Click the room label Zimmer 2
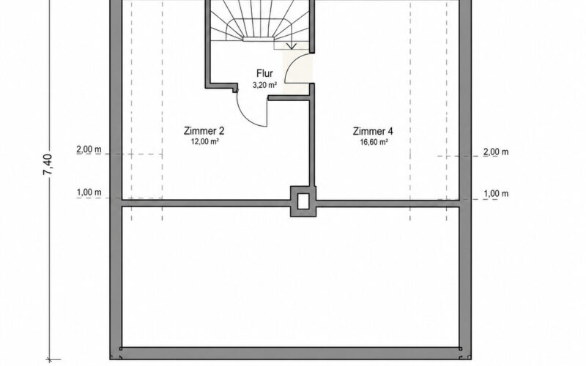(204, 131)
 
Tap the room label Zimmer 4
(373, 132)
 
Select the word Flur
(264, 73)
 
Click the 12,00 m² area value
(205, 141)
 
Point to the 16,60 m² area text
(374, 142)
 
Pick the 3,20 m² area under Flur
(265, 85)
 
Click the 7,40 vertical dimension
(48, 165)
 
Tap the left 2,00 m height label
(89, 150)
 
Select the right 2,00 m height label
(496, 152)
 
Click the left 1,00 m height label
(89, 193)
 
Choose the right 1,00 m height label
(496, 194)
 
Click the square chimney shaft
(303, 201)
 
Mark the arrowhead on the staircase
(292, 46)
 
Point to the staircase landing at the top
(260, 39)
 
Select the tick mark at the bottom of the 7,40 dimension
(49, 359)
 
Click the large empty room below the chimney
(290, 277)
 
